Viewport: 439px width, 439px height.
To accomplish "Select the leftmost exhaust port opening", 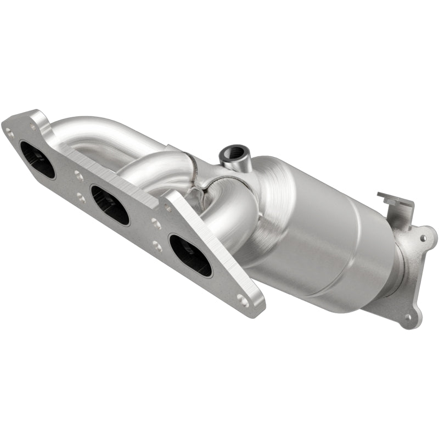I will (37, 159).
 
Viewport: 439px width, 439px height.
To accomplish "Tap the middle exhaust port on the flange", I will (110, 205).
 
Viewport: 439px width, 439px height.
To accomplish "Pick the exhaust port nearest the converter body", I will (190, 255).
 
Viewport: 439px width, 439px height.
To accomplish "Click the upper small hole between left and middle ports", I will (78, 177).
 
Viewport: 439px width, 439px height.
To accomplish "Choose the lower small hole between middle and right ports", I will (159, 246).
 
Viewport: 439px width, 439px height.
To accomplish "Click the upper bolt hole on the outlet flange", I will (423, 238).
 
